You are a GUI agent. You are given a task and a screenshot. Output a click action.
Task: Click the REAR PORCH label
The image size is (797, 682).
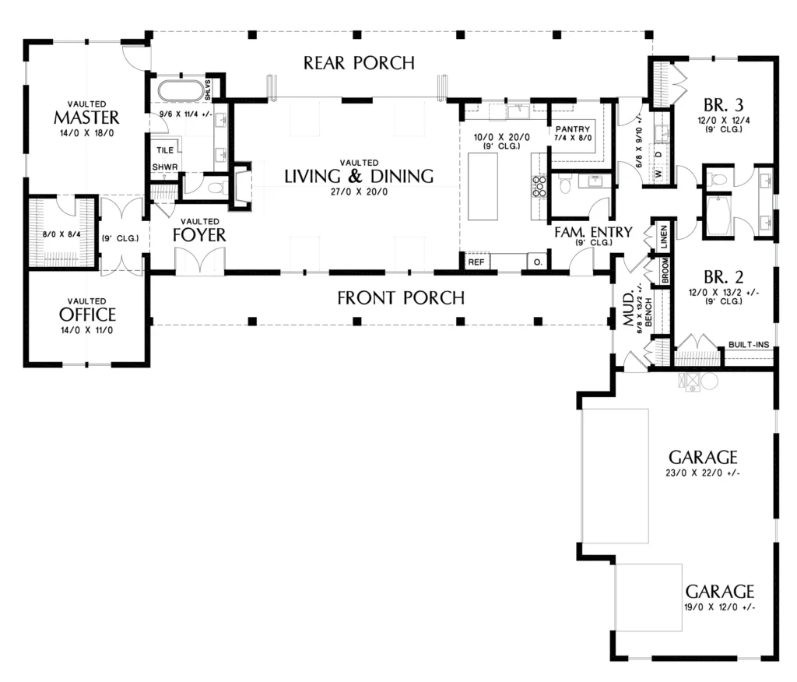tap(359, 62)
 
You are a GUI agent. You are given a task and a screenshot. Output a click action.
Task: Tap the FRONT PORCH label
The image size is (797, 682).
tap(401, 297)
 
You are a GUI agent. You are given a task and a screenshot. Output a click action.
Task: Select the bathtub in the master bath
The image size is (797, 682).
tap(181, 91)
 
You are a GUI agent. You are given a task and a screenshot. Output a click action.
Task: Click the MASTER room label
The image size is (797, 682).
tap(86, 118)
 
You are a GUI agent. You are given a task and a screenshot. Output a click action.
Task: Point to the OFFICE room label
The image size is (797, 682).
tap(87, 315)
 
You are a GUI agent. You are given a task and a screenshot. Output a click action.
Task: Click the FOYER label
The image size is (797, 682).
tap(199, 235)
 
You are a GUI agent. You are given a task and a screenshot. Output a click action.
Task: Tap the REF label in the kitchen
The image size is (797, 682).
tap(476, 262)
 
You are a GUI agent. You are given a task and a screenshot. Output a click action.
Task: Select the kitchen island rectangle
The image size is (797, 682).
tap(483, 186)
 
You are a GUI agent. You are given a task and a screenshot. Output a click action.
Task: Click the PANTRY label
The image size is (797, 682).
tap(573, 129)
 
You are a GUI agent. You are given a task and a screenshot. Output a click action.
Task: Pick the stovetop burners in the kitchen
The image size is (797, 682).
tap(539, 186)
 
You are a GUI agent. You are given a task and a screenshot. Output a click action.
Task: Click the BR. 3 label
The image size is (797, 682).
tap(723, 105)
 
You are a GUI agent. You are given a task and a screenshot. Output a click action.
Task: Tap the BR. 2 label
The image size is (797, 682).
tap(723, 277)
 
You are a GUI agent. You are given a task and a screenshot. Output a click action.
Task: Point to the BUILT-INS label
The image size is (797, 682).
tap(749, 344)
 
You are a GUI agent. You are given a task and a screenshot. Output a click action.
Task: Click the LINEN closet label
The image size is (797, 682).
tap(664, 237)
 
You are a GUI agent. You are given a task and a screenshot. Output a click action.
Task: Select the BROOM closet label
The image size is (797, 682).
tap(665, 271)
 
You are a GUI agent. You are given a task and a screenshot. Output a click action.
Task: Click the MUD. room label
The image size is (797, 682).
tap(629, 308)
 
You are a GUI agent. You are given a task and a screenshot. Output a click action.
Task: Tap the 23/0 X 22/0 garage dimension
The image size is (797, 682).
tap(703, 473)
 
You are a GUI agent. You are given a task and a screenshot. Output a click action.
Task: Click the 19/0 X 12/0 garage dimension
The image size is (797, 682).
tap(720, 606)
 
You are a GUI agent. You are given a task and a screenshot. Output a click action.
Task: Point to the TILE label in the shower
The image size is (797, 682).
tap(165, 150)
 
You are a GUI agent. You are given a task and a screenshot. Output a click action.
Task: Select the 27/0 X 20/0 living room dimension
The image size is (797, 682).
tap(359, 192)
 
